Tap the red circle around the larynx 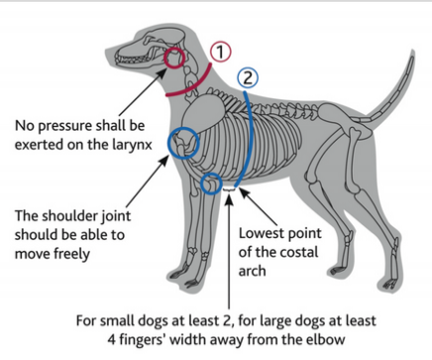(x=176, y=59)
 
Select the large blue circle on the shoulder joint (x=184, y=145)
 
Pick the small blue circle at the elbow (x=210, y=184)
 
